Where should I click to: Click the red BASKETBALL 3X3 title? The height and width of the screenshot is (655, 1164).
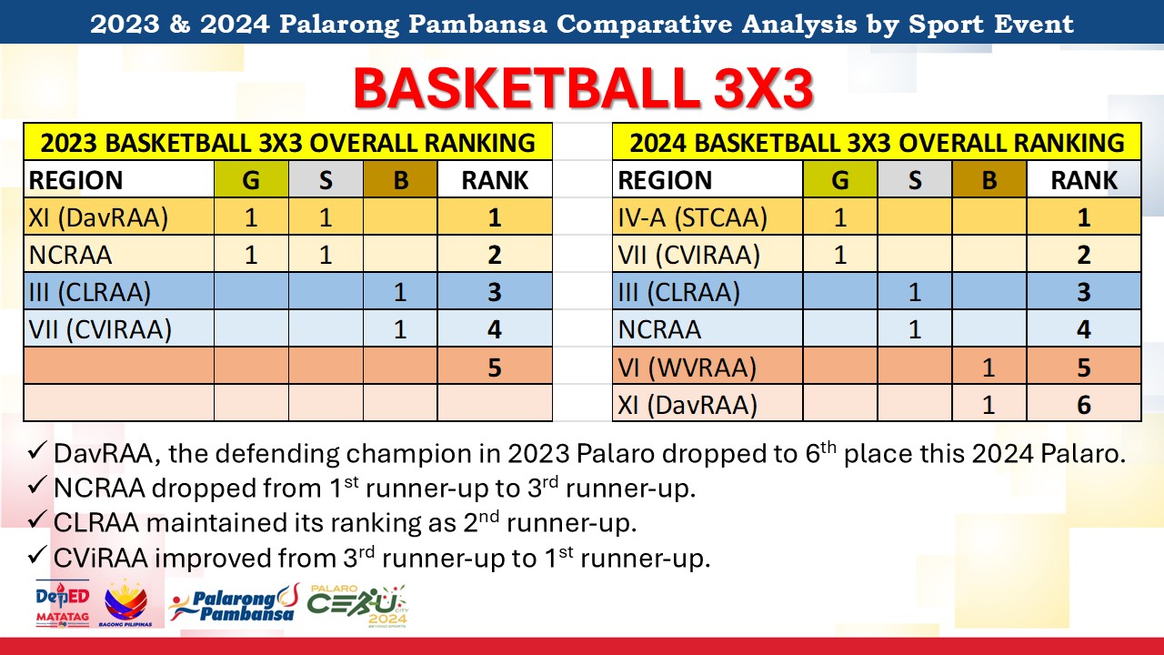click(583, 88)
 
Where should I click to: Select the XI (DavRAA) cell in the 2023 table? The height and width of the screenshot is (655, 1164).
click(119, 217)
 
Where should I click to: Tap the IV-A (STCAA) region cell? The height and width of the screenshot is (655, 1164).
click(707, 217)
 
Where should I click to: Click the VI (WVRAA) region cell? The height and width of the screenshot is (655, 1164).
click(707, 367)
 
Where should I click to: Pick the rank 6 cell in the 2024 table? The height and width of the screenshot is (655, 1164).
click(1084, 404)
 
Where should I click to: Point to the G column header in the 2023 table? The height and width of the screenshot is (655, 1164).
click(251, 180)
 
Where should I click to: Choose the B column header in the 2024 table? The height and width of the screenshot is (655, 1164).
click(989, 180)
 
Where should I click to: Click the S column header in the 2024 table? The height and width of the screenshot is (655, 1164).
click(915, 180)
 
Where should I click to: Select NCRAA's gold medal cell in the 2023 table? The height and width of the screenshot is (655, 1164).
click(251, 254)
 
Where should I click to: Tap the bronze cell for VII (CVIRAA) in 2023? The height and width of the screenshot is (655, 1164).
click(400, 329)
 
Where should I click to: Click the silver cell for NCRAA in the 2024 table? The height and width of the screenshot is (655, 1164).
click(915, 329)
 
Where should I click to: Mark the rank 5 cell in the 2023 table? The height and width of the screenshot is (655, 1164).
click(495, 367)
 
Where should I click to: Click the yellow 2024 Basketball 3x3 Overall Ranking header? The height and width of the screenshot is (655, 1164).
click(877, 142)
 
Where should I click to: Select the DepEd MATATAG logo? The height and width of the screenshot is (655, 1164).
click(63, 603)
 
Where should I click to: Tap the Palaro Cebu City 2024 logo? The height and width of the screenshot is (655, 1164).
click(357, 607)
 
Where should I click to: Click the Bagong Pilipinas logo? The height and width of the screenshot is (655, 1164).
click(125, 603)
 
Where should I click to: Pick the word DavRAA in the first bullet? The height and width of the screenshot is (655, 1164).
click(106, 454)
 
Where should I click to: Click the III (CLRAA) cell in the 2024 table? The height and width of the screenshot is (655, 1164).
click(707, 292)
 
